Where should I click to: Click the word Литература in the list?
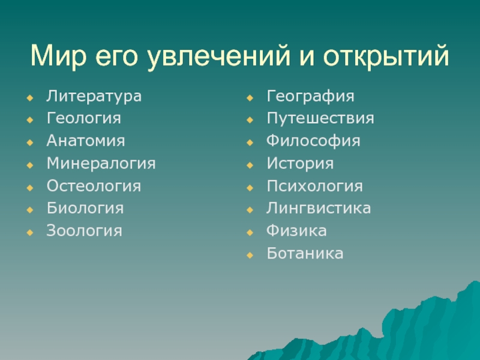(94, 97)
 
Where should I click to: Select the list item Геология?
(84, 118)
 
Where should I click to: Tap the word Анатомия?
(86, 141)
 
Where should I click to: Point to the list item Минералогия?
(101, 164)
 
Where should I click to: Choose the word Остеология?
(94, 186)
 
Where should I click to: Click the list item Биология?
(85, 208)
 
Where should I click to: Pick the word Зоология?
(84, 230)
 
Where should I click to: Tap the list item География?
(310, 97)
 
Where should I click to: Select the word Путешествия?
(320, 119)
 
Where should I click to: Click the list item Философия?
(313, 141)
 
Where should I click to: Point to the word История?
(300, 164)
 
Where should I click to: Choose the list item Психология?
(314, 186)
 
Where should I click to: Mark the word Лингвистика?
(319, 208)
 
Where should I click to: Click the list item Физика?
(296, 231)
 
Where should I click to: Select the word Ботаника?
(305, 253)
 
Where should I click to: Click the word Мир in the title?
(58, 56)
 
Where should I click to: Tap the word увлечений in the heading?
(218, 56)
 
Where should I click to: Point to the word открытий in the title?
(386, 56)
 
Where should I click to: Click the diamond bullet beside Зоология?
(29, 232)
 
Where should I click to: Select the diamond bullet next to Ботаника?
(250, 255)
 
